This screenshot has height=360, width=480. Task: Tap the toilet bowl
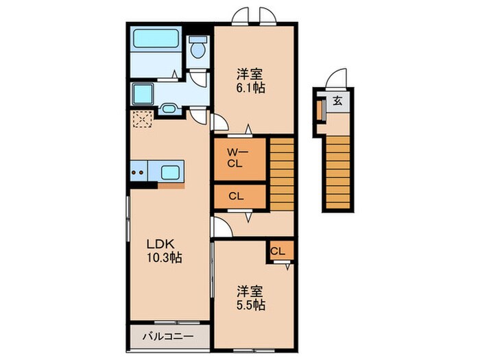tap(199, 48)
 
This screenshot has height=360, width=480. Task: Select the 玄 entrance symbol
tap(337, 100)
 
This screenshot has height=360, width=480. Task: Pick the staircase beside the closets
tap(281, 174)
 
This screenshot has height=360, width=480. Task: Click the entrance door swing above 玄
tap(336, 79)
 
